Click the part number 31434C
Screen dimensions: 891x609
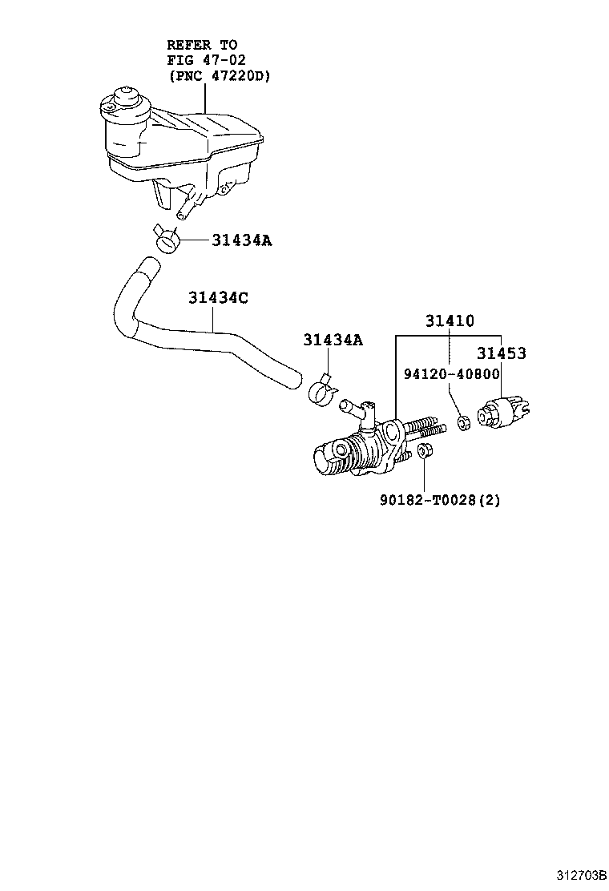pyautogui.click(x=219, y=298)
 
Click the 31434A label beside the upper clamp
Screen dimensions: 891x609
pyautogui.click(x=241, y=240)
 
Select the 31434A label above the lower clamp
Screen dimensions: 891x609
pyautogui.click(x=333, y=341)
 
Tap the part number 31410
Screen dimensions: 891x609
pyautogui.click(x=450, y=321)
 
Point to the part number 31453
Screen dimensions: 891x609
pyautogui.click(x=502, y=353)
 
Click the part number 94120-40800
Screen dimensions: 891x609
pyautogui.click(x=452, y=373)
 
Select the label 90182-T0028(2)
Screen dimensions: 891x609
pyautogui.click(x=440, y=501)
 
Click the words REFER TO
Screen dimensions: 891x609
pyautogui.click(x=202, y=45)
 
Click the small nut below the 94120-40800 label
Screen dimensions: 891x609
pyautogui.click(x=463, y=421)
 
